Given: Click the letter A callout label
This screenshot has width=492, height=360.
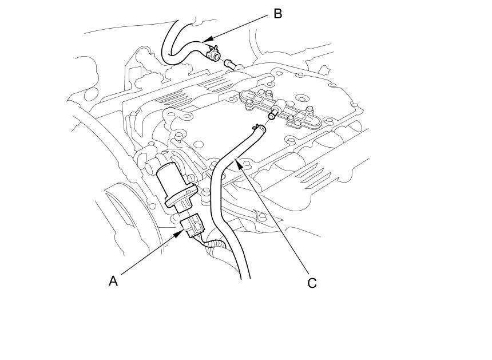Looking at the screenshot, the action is tap(113, 281).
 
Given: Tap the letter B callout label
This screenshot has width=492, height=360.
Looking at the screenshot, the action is tap(277, 14).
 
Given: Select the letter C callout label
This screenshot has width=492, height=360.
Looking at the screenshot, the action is tap(312, 283).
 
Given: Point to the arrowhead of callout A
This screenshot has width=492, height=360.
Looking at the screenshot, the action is tap(180, 233).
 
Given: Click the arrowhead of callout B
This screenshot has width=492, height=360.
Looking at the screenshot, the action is tap(207, 39).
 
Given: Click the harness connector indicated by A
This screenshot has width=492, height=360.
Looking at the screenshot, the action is tap(193, 226).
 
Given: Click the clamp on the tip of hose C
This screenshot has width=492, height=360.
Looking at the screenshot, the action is tap(258, 128).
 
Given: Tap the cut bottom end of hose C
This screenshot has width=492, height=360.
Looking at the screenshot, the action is tap(245, 278).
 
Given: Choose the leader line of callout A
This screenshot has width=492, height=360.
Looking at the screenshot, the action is tap(149, 254).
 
